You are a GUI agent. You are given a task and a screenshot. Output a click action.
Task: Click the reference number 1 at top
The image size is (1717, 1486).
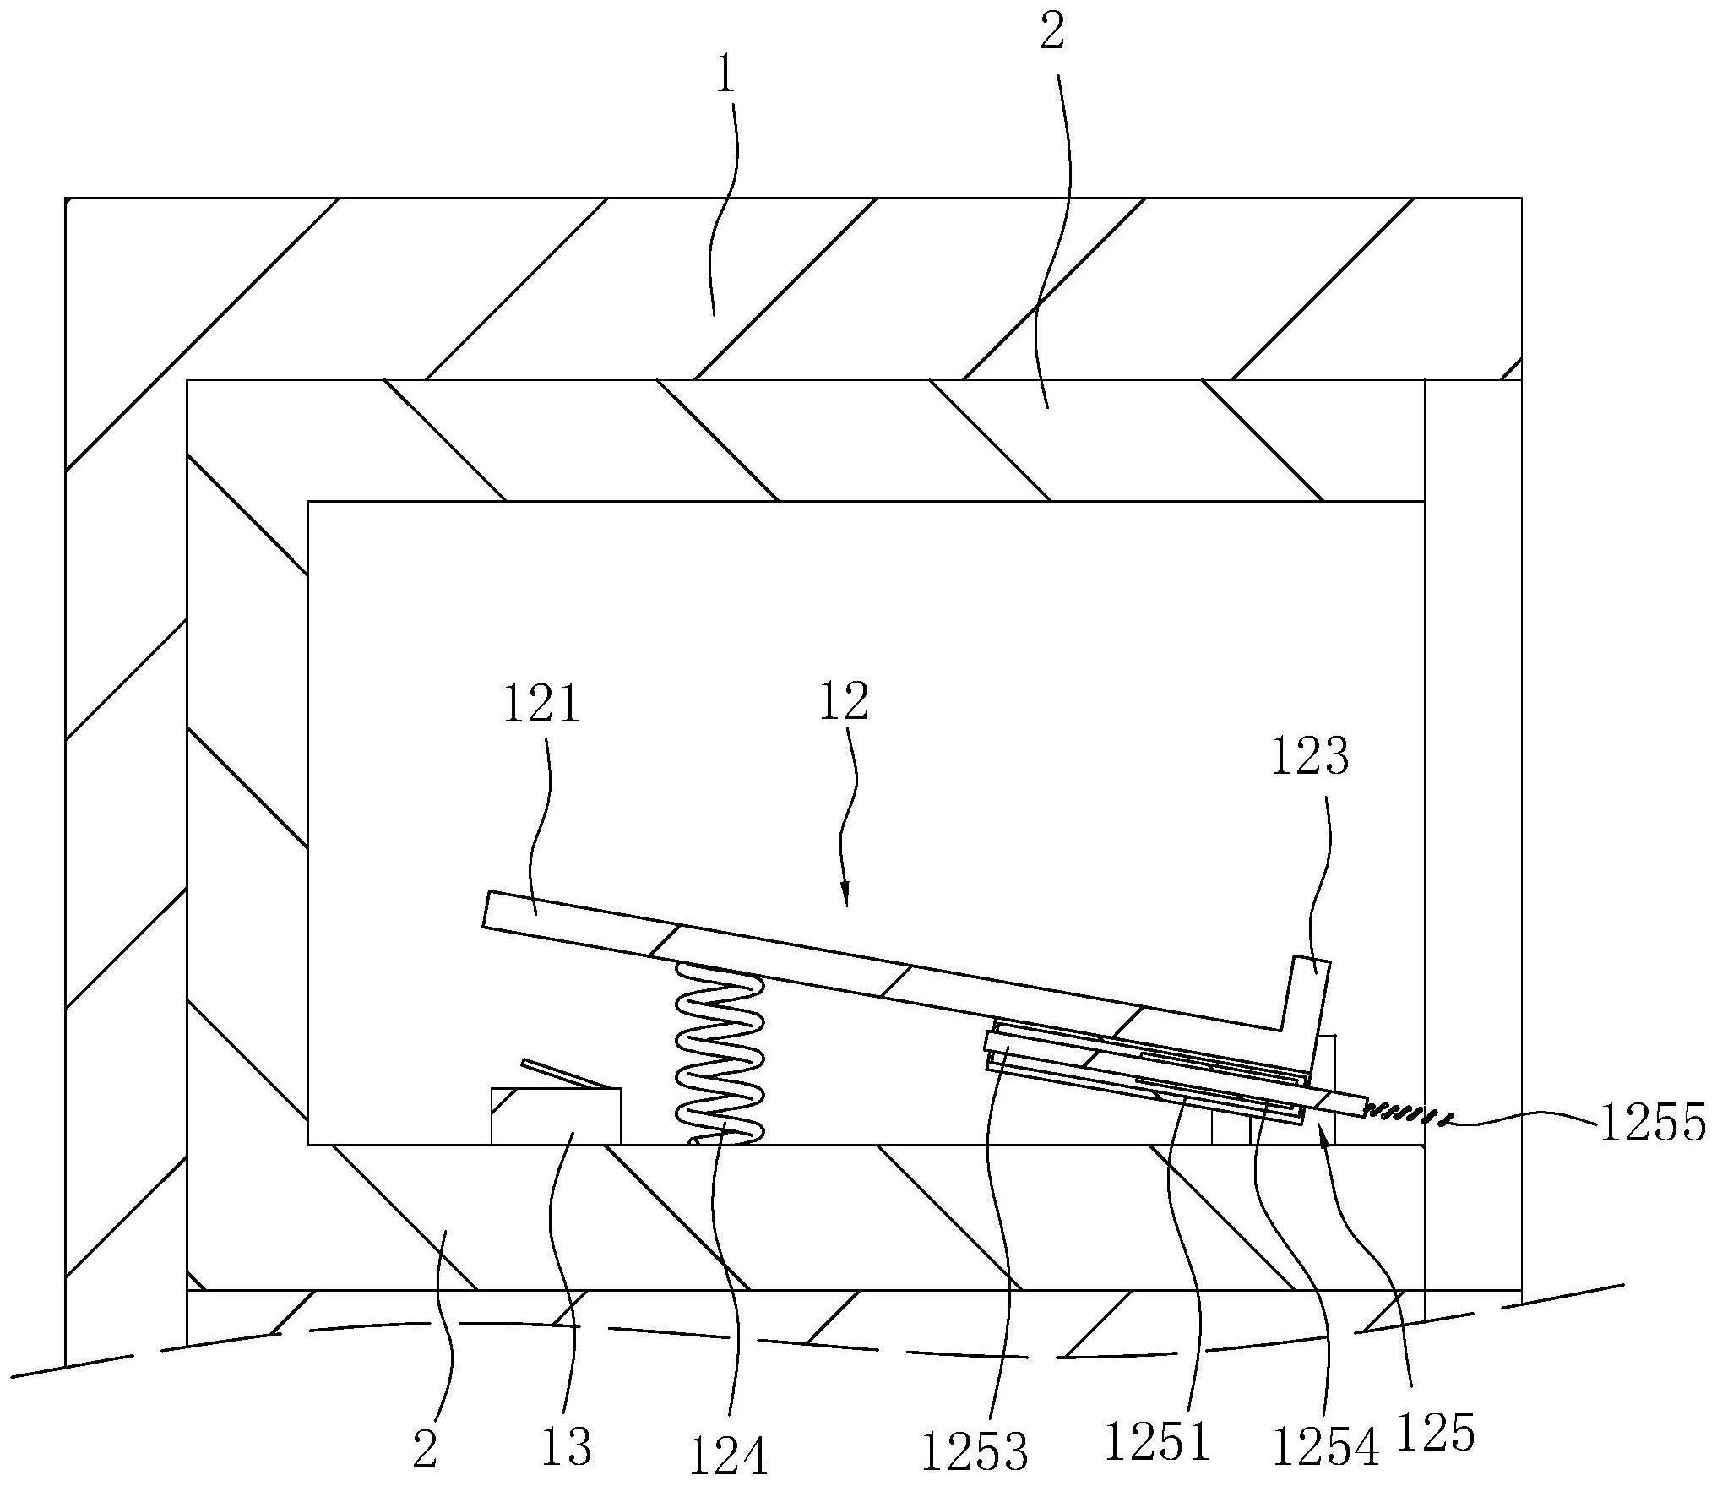(725, 78)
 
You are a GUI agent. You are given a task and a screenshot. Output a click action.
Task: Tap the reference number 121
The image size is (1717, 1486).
(541, 705)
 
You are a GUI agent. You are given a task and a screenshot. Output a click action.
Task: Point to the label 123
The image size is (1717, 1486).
(1310, 757)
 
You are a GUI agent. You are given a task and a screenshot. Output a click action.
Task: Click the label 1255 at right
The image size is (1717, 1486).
(1652, 1124)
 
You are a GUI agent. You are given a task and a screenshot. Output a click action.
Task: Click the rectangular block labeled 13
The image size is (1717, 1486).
(556, 1117)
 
